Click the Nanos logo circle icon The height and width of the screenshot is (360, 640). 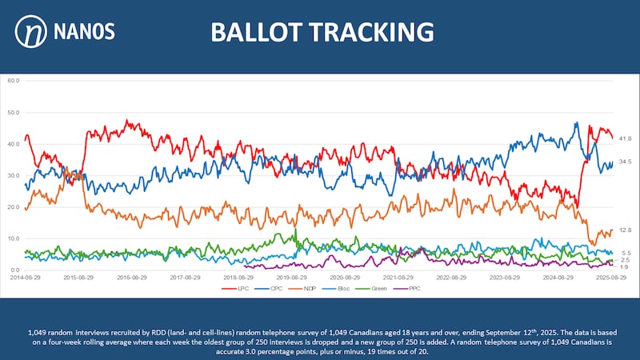[31, 32]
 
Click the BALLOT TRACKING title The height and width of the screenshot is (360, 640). [322, 32]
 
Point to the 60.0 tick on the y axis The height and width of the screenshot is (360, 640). [12, 80]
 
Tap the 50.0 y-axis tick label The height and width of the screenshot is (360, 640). [12, 112]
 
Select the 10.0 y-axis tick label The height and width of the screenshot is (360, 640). [12, 238]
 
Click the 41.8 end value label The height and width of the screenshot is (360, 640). [626, 138]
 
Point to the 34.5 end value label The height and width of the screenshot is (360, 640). [626, 162]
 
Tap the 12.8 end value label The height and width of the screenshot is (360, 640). [626, 230]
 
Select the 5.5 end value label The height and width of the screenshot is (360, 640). [626, 253]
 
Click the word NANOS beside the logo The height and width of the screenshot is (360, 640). [86, 32]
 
